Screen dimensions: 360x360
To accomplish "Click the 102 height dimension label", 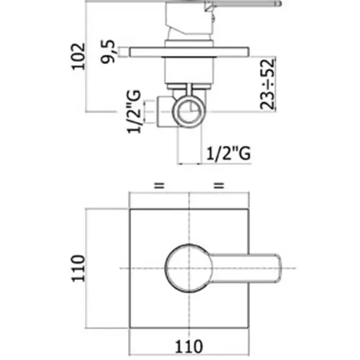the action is tap(78, 56).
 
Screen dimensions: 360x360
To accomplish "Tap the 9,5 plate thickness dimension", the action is tap(108, 51).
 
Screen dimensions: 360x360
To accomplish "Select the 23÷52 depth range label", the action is tap(267, 84).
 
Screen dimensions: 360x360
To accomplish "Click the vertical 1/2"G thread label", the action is tap(134, 112).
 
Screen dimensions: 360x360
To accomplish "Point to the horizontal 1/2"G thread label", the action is tap(228, 153).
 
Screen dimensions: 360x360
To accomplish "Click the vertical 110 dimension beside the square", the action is tap(78, 268).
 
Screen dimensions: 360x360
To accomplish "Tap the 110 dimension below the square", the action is tap(189, 346).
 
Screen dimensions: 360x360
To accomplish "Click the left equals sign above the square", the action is tap(159, 186).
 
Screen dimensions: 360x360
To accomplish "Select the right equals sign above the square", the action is tap(219, 186).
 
